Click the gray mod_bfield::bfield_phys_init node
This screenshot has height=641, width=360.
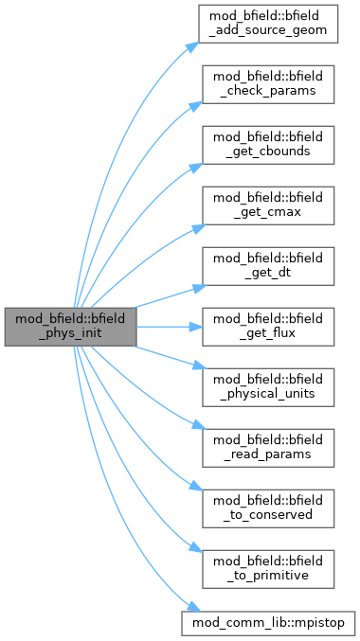[70, 327]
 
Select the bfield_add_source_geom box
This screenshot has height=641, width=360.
[268, 24]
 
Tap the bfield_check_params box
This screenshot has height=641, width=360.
[268, 84]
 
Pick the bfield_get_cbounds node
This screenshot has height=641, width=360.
[268, 145]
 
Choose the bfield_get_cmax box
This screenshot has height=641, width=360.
[268, 205]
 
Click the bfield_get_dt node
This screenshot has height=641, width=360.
[268, 266]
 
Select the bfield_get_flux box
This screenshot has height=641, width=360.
[268, 327]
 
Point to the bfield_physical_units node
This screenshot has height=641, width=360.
[268, 387]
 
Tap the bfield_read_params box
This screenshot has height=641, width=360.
[268, 448]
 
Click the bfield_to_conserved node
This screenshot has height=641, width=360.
[268, 508]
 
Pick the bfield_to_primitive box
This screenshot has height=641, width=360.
[268, 569]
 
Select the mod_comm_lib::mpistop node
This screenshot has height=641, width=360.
[268, 623]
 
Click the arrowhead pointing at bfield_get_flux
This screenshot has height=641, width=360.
[197, 327]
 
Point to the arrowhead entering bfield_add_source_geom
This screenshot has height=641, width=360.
[193, 46]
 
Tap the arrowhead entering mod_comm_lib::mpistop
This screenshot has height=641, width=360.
[194, 608]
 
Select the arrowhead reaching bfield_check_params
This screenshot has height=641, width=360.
[195, 106]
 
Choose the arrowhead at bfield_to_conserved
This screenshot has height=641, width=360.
[195, 487]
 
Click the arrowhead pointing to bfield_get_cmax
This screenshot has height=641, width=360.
[199, 228]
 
